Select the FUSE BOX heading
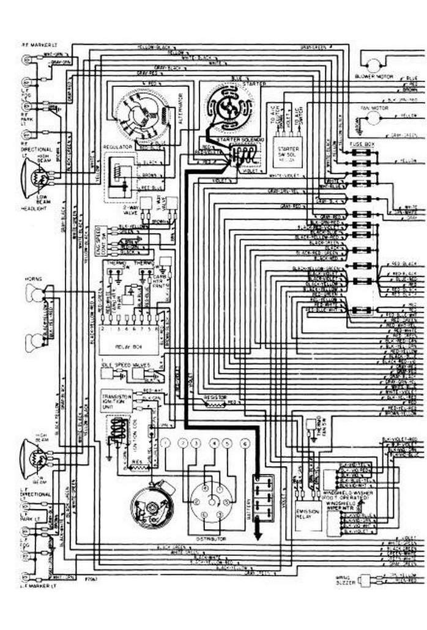pos(361,143)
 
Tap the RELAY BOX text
pos(129,346)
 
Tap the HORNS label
pos(33,279)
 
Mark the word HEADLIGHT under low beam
pos(33,209)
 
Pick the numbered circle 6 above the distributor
pos(245,443)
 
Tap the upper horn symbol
pos(34,294)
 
